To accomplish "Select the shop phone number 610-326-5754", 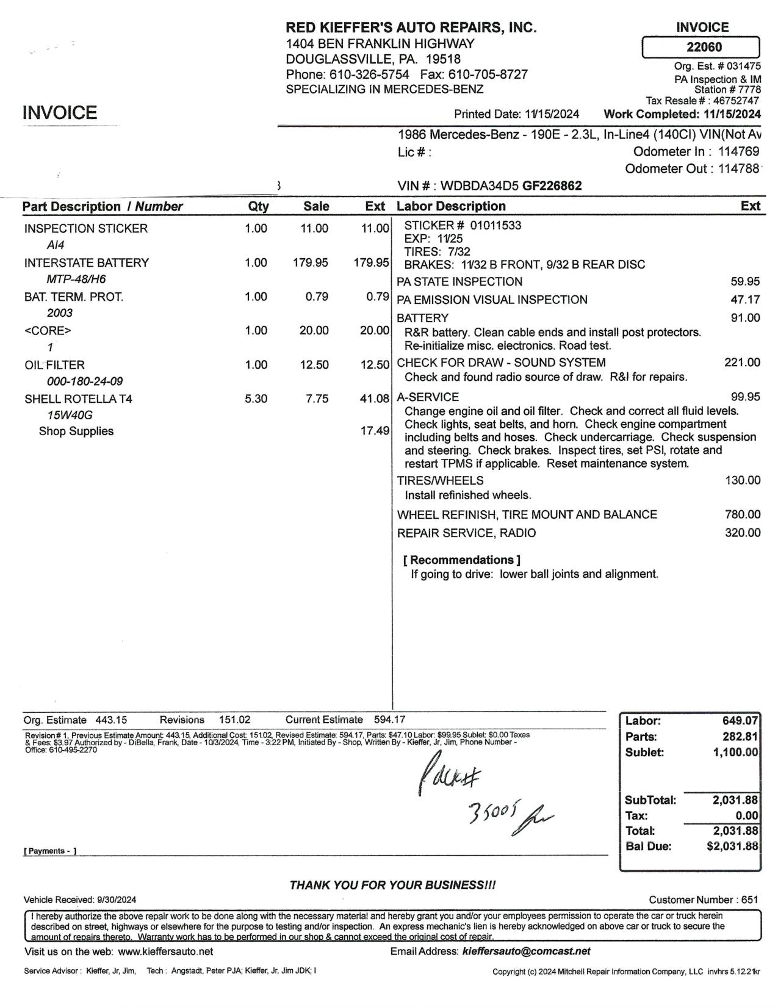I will (x=369, y=74).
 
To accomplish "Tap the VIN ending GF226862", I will (x=552, y=186).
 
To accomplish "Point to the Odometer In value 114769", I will (x=738, y=151).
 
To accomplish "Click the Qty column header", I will (x=258, y=206).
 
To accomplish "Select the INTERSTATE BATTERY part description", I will (x=87, y=262).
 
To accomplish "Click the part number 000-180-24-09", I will (x=85, y=381).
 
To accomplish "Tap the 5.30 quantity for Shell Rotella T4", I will (x=256, y=399).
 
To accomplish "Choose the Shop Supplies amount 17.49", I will (x=375, y=431).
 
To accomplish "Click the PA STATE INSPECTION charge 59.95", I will (x=745, y=281).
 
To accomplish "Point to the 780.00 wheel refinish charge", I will (x=743, y=514).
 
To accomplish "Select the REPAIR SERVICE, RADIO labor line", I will (x=466, y=533).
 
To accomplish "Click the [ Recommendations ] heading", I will (x=462, y=560).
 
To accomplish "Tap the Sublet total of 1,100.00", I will (x=735, y=752).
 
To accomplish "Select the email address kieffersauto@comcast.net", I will (x=527, y=951).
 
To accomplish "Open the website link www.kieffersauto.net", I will (x=165, y=951).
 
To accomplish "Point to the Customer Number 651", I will (x=750, y=900).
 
